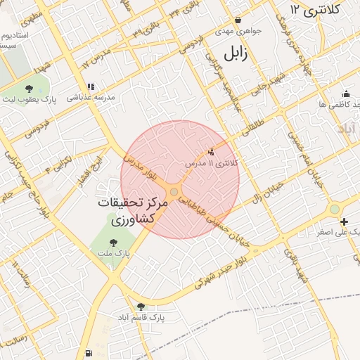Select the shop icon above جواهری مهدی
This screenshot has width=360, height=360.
(x=238, y=20)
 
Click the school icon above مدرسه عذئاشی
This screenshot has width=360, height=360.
(x=91, y=87)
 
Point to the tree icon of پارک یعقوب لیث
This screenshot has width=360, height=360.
(x=29, y=89)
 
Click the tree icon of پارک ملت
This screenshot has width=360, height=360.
(x=112, y=242)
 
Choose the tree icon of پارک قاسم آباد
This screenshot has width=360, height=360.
(x=141, y=306)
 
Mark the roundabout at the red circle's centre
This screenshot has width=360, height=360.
(x=174, y=191)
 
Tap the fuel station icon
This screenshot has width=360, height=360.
(x=87, y=352)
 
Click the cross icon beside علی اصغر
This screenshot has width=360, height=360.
(x=344, y=222)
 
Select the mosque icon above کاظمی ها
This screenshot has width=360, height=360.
(x=345, y=94)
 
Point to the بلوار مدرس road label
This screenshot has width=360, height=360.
(x=138, y=169)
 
